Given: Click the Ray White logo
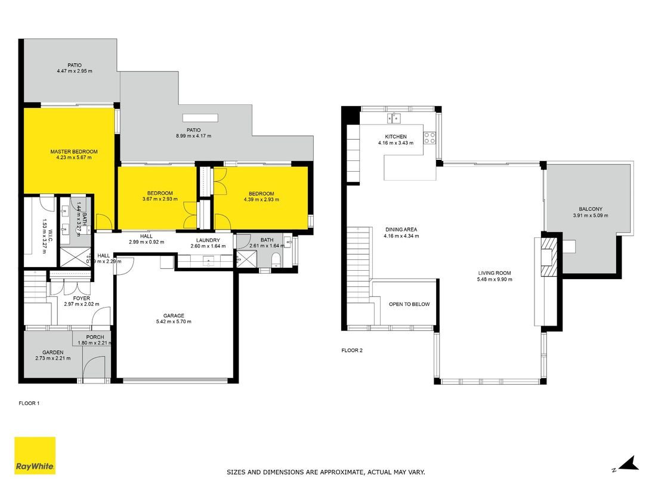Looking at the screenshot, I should (35, 456).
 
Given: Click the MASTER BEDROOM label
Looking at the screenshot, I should (73, 152).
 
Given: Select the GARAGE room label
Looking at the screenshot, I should (174, 316).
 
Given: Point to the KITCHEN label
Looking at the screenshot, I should (395, 137).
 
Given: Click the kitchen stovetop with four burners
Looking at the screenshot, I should (429, 138).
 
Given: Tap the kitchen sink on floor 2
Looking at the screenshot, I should (394, 118).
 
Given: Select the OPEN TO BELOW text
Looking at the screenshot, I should (409, 304).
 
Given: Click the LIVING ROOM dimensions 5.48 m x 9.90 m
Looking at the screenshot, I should (494, 280).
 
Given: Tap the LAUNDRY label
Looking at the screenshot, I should (208, 240).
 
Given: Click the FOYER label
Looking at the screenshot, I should (82, 298).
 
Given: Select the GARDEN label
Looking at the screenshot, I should (52, 352).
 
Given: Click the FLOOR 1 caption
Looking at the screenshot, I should (29, 404).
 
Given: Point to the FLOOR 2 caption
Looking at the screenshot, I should (352, 351).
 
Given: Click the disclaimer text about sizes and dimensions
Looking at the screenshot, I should (326, 472).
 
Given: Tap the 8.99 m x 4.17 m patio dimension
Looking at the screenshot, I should (193, 136).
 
